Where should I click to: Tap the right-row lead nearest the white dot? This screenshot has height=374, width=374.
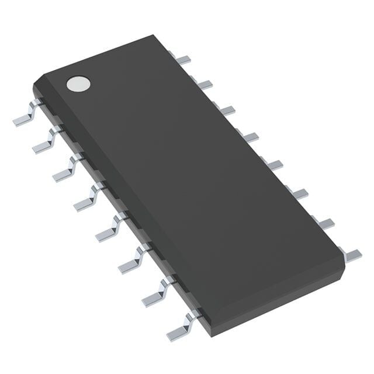183,58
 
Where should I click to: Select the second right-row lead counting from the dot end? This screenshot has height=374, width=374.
205,84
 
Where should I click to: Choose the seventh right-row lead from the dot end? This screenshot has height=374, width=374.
324,223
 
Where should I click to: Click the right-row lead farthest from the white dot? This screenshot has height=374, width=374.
351,254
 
